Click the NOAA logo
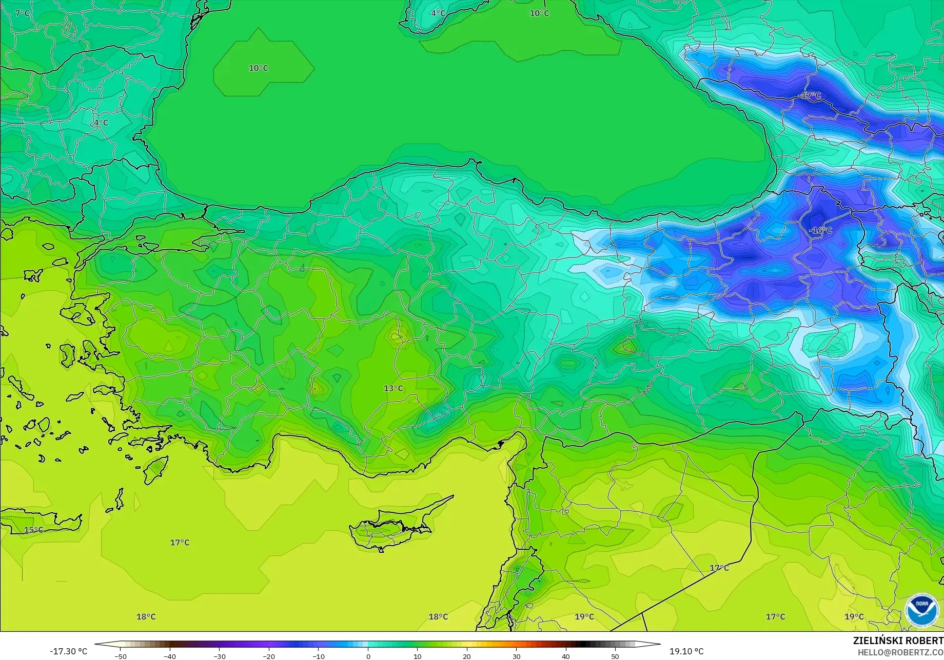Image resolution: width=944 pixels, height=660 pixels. [x=922, y=610]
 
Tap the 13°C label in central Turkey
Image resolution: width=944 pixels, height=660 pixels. [x=394, y=388]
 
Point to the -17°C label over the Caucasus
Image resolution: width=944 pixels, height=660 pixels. [x=810, y=95]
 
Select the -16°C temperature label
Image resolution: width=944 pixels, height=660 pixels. [x=820, y=230]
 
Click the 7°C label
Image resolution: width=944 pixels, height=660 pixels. [x=22, y=13]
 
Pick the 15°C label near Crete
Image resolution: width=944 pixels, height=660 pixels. [x=34, y=530]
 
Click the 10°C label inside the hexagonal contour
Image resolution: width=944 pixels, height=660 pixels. [x=258, y=68]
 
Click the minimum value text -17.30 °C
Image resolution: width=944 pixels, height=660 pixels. [x=69, y=651]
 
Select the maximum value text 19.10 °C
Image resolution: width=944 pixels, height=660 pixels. [x=686, y=651]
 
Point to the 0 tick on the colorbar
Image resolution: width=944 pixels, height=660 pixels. [x=368, y=656]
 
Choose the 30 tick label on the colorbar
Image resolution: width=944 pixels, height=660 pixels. [x=516, y=656]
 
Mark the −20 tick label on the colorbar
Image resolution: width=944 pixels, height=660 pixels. [x=269, y=656]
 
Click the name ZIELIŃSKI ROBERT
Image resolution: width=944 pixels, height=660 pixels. [x=898, y=641]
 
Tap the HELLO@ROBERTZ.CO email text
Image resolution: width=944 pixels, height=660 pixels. [x=900, y=652]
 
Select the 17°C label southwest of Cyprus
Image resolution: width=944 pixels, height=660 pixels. [x=180, y=542]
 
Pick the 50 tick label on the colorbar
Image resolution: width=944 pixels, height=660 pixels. [x=615, y=656]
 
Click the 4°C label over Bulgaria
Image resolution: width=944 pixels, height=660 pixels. [x=101, y=123]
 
